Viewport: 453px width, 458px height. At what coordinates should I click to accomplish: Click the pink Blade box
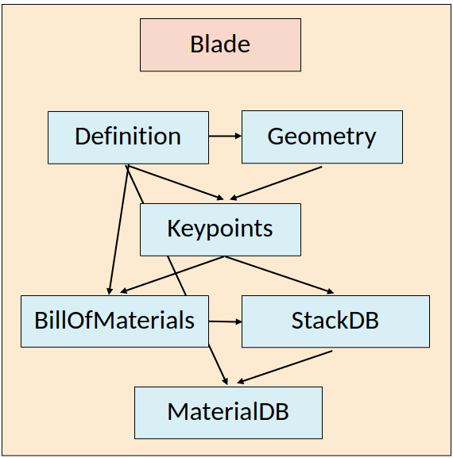(220, 44)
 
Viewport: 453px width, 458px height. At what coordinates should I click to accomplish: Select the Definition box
(128, 137)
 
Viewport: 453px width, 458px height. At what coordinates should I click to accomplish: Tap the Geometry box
(322, 137)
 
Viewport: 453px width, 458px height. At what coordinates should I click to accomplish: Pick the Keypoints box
(220, 229)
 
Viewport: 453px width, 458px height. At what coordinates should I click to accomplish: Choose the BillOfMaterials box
(114, 321)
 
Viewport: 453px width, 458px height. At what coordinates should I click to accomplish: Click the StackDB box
(335, 321)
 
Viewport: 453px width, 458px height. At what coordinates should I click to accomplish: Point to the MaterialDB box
(228, 413)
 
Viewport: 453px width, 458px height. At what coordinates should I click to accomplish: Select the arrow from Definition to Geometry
(225, 137)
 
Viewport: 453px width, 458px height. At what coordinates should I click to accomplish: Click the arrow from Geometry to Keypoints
(275, 183)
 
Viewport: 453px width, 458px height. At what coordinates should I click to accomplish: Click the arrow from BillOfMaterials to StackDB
(224, 321)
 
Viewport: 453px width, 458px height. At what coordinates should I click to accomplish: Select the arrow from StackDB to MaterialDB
(285, 368)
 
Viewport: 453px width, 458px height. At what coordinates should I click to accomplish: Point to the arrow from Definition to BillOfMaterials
(118, 230)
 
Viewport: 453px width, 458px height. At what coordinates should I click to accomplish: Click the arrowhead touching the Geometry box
(237, 137)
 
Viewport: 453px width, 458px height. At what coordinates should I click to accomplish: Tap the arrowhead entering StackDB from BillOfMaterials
(237, 321)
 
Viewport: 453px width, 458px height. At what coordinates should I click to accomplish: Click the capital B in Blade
(198, 44)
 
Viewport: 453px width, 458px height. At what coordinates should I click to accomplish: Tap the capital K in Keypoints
(174, 229)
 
